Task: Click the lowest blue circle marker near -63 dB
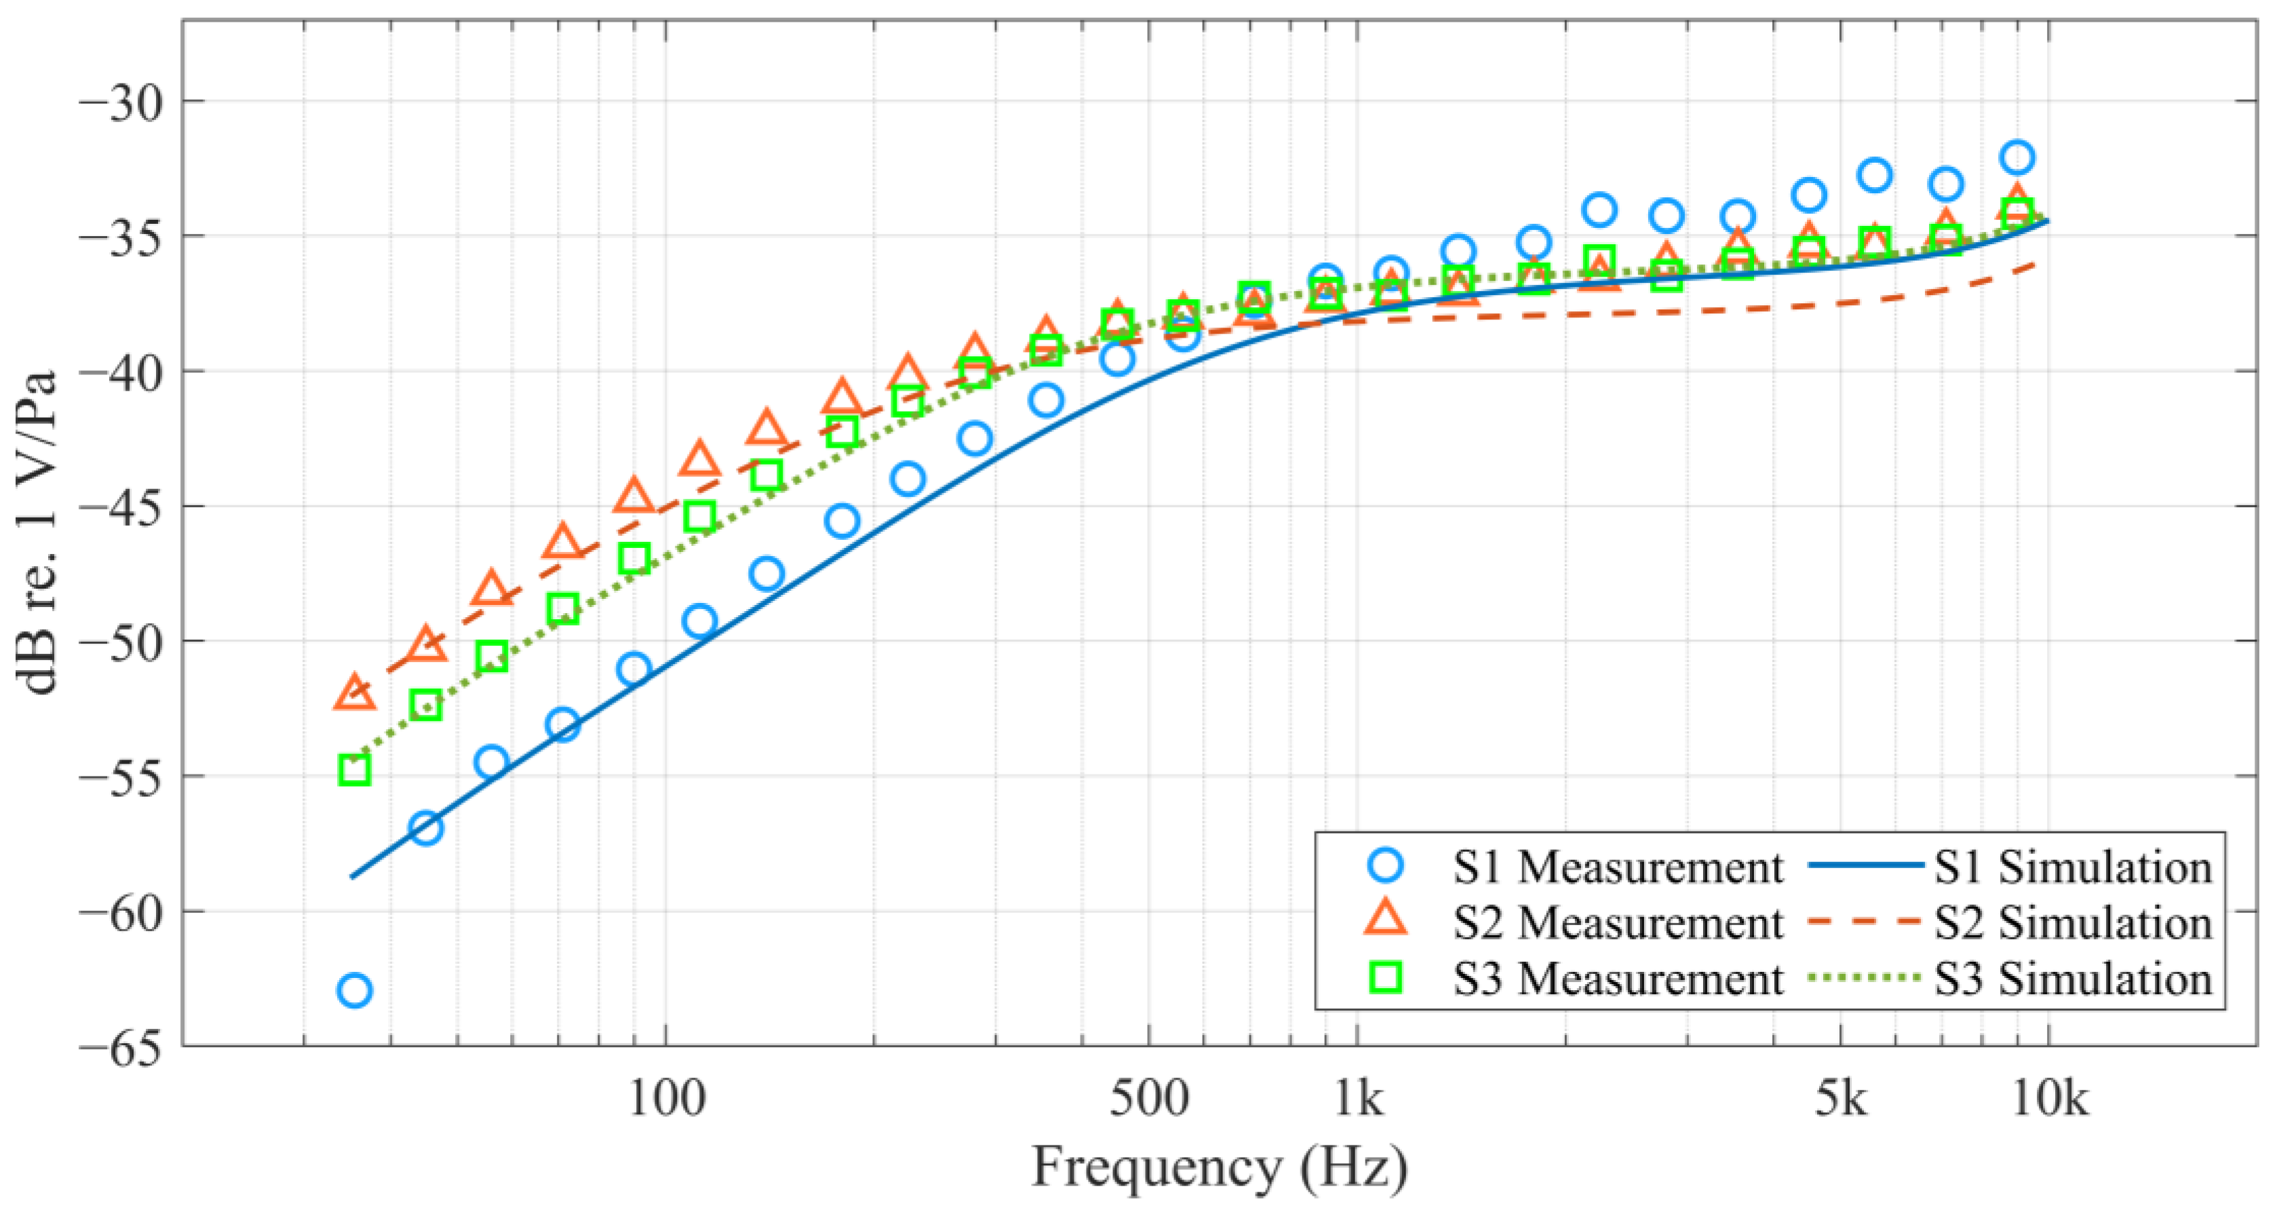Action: [x=354, y=990]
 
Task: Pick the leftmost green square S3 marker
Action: [x=354, y=770]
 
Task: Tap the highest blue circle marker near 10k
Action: [x=2017, y=157]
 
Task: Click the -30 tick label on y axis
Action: [x=121, y=102]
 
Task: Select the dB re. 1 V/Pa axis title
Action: [x=37, y=532]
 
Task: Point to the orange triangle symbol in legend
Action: [x=1386, y=920]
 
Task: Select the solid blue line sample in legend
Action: [x=1867, y=866]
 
